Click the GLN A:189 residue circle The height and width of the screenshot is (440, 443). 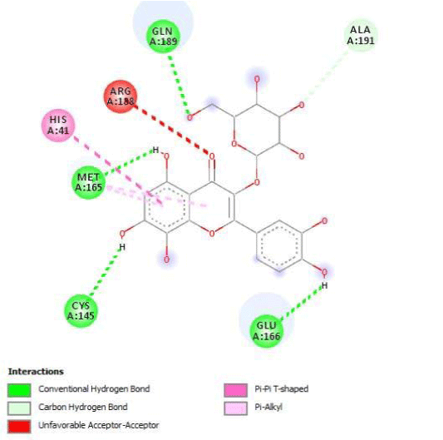click(x=163, y=37)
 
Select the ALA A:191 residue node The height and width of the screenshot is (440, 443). click(x=361, y=35)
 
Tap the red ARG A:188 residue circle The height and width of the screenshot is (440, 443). click(x=121, y=96)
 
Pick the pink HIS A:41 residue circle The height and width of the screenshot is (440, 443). click(x=58, y=126)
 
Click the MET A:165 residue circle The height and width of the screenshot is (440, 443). click(x=88, y=182)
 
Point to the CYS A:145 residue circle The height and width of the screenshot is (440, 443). click(x=81, y=311)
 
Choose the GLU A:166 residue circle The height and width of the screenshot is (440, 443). click(x=267, y=331)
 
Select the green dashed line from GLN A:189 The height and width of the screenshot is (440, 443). click(x=180, y=85)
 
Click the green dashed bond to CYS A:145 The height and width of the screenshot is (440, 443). click(x=105, y=273)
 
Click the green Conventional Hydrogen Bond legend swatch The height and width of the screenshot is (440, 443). click(x=19, y=390)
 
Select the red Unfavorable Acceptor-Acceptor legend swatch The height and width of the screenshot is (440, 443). click(x=19, y=426)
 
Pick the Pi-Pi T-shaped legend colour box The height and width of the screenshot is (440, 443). click(x=235, y=390)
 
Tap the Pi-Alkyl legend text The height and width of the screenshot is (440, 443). click(x=268, y=408)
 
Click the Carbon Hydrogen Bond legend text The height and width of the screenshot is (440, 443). click(x=83, y=408)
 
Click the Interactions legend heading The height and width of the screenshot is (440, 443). click(x=36, y=371)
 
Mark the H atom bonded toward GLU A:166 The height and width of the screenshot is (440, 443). click(x=325, y=285)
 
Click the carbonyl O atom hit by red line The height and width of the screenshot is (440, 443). click(x=212, y=156)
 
